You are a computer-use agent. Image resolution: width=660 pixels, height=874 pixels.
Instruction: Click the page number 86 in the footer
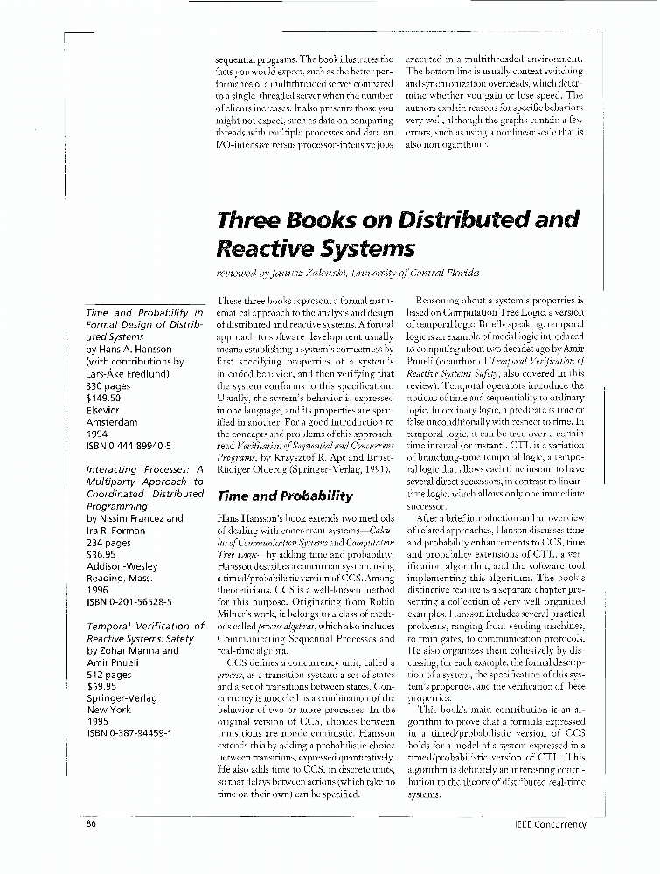click(x=91, y=824)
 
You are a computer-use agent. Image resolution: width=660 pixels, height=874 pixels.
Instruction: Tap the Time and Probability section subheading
click(x=284, y=496)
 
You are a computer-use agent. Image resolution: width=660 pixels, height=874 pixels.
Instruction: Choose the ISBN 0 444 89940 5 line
click(x=129, y=445)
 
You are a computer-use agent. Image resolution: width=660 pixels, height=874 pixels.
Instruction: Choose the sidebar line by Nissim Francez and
click(x=135, y=518)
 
